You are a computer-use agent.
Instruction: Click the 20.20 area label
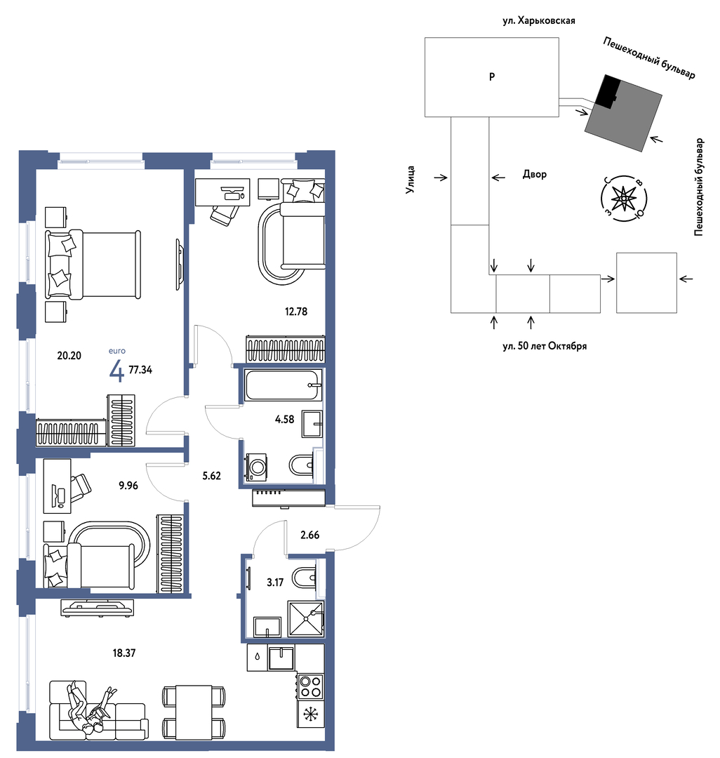[69, 356]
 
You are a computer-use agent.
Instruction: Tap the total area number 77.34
[140, 370]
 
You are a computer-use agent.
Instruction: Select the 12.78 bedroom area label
[295, 312]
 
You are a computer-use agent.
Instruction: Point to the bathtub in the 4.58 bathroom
[284, 385]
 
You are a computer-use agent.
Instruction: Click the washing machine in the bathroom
[257, 467]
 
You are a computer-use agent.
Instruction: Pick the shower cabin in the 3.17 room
[305, 618]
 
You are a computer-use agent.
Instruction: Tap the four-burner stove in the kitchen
[310, 686]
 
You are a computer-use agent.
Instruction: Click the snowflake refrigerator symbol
[309, 713]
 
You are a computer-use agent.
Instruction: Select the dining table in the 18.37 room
[193, 712]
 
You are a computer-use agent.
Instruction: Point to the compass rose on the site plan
[624, 198]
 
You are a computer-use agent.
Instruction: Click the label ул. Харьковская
[539, 21]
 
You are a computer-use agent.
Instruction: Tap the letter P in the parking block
[492, 77]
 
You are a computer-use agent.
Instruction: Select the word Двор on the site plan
[535, 175]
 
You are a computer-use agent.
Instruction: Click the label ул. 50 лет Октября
[545, 346]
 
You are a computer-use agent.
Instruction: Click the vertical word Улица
[411, 180]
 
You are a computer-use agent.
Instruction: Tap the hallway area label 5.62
[212, 476]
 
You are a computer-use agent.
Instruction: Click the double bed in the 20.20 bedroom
[93, 265]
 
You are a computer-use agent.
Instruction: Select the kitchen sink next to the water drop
[281, 658]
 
